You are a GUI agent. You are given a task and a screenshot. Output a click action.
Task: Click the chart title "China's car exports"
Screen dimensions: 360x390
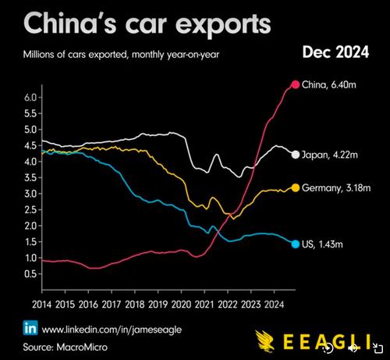139,23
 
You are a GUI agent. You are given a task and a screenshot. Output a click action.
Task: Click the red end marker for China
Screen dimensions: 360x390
296,84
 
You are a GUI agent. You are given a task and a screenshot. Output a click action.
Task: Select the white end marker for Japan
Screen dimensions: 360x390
296,155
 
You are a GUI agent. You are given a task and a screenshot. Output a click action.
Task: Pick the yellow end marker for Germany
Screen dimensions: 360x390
296,187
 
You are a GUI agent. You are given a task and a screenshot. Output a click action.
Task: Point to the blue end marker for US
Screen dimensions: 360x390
296,244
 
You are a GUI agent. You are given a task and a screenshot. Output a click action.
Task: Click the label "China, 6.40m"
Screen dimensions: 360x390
331,84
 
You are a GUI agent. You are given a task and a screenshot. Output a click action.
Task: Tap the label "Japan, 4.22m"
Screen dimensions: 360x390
331,155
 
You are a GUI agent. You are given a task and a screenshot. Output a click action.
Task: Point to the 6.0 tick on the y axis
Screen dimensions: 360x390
30,98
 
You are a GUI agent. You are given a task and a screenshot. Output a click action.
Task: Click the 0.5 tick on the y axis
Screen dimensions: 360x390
30,274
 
